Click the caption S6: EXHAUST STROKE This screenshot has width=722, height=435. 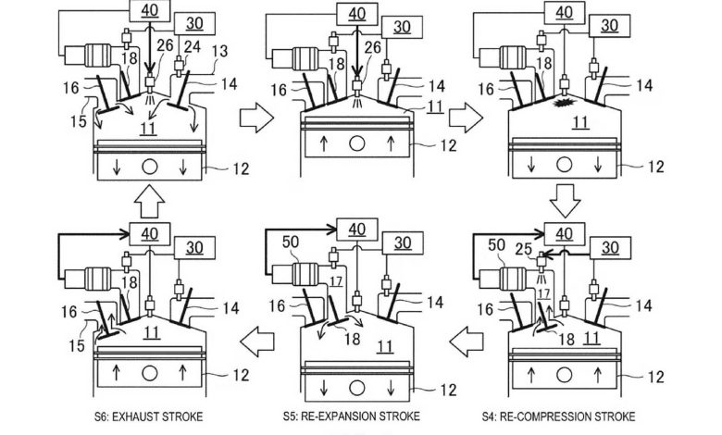(x=148, y=417)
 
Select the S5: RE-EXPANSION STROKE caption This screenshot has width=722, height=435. (x=352, y=416)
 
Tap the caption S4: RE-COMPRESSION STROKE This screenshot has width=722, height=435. (x=558, y=417)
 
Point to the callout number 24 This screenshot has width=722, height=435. (x=192, y=47)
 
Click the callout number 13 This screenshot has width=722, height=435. (x=219, y=51)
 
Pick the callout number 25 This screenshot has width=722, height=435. (x=524, y=249)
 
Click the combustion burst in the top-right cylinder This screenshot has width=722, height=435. (x=563, y=103)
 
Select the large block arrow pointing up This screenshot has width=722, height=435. (x=150, y=201)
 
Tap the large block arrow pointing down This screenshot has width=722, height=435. (x=565, y=201)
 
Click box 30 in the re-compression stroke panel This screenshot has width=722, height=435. (x=610, y=248)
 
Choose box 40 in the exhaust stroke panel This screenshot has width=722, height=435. (x=150, y=234)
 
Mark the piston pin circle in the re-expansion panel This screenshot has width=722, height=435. (x=357, y=388)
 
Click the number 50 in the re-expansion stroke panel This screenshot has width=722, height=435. (x=291, y=242)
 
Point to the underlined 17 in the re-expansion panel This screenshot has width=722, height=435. (x=336, y=280)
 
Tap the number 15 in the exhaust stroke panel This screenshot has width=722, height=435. (x=78, y=345)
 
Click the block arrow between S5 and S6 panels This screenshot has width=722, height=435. (x=257, y=342)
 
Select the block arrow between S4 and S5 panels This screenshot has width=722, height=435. (x=466, y=342)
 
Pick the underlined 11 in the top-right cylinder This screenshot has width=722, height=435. (x=579, y=122)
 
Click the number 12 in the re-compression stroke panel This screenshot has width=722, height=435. (x=655, y=377)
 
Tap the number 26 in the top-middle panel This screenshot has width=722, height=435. (x=373, y=47)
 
